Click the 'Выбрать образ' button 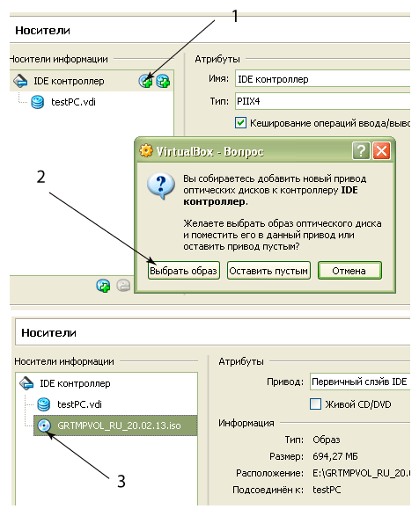(x=184, y=271)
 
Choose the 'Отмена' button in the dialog (x=349, y=271)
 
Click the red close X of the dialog (x=381, y=151)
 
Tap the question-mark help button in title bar (x=361, y=151)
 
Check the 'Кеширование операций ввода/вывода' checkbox (x=240, y=123)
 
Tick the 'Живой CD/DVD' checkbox (x=315, y=404)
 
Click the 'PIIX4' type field (x=323, y=101)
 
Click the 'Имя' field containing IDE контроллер (x=323, y=79)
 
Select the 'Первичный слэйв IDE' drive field (x=360, y=382)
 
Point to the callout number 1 (x=235, y=16)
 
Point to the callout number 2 (x=41, y=177)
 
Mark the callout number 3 (x=121, y=481)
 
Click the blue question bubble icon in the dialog (x=160, y=185)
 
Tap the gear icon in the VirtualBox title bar (x=146, y=150)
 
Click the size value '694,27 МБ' (x=335, y=456)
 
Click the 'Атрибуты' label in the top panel (x=217, y=59)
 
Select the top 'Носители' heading (x=42, y=30)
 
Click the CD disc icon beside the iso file (x=44, y=425)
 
